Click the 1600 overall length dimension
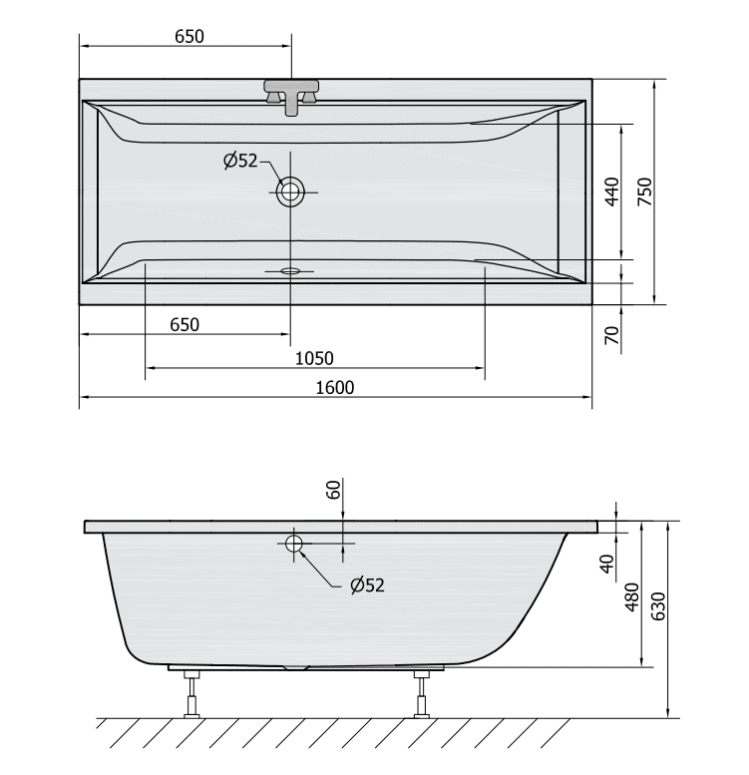click(x=335, y=387)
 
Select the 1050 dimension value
click(x=314, y=358)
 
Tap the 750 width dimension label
click(x=644, y=192)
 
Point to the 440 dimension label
click(x=611, y=192)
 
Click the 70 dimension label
click(x=611, y=335)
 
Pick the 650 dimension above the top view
click(x=189, y=37)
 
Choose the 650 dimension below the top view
click(x=185, y=325)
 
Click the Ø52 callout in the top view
click(x=240, y=161)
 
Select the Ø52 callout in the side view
click(x=367, y=585)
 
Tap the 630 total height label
click(x=658, y=606)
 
